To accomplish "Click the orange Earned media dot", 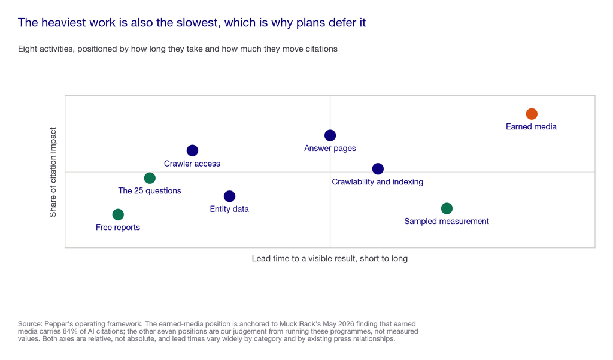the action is coord(532,114).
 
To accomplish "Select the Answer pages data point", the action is coord(330,135).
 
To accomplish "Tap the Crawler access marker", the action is coord(192,150).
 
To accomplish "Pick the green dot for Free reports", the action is coord(118,214).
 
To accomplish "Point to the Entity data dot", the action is coord(229,196).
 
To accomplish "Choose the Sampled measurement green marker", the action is coord(447,208).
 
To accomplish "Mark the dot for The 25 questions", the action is coord(149,178).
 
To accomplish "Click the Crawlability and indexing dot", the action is coord(378,169).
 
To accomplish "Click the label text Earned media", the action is coord(531,127).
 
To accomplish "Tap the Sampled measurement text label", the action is coord(447,222).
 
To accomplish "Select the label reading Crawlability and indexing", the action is coord(378,182).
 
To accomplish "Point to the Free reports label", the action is coord(118,228).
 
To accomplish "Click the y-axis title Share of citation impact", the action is coord(53,172).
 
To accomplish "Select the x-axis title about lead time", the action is coord(330,258).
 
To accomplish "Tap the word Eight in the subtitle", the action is coord(28,49).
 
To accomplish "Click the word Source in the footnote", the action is coord(29,324).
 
